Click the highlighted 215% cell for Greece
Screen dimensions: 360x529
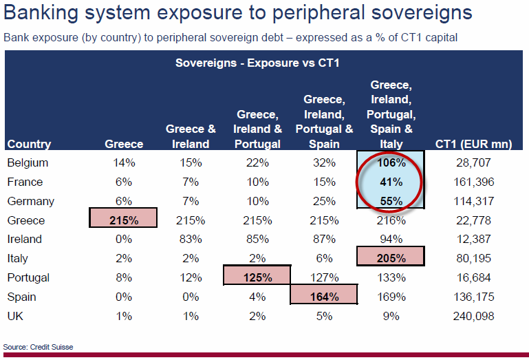click(x=124, y=220)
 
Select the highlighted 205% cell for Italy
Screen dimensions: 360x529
click(x=391, y=259)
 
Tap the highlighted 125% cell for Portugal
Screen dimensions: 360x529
click(x=258, y=278)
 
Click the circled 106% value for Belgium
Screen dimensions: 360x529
click(x=391, y=163)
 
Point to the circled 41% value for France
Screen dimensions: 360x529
click(x=391, y=182)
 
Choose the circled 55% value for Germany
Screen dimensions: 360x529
click(x=391, y=202)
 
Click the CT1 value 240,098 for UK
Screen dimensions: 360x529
click(x=475, y=317)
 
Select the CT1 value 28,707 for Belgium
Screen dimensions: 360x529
click(x=475, y=163)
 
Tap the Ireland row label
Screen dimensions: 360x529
click(x=24, y=240)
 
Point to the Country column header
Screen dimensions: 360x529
click(x=29, y=144)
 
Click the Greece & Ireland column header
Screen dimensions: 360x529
click(x=191, y=136)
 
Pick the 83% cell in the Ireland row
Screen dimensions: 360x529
click(x=191, y=240)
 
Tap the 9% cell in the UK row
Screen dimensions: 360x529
click(x=391, y=317)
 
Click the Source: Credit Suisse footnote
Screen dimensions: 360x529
click(x=38, y=347)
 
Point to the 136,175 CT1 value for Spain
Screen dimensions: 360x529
click(x=475, y=297)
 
